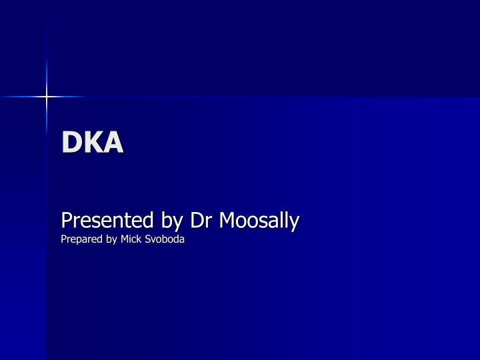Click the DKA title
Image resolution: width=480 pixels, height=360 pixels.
click(93, 142)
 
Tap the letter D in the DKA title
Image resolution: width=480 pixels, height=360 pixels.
click(71, 142)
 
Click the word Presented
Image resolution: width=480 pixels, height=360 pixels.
click(100, 219)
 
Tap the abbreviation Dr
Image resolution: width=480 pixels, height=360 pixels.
click(200, 219)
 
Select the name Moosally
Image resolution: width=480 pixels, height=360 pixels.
click(259, 219)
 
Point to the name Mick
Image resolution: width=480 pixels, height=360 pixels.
click(131, 239)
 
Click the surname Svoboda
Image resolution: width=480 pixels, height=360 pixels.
click(165, 239)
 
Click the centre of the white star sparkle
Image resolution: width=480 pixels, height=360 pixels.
click(47, 97)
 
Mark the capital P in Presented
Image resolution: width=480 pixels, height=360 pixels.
click(66, 219)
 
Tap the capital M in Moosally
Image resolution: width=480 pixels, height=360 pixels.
click(226, 219)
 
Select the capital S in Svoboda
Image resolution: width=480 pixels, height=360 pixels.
click(148, 239)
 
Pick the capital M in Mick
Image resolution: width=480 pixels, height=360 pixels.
click(124, 239)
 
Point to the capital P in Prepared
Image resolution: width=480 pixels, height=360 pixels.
click(63, 239)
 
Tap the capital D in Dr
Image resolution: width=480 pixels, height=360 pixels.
click(196, 219)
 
